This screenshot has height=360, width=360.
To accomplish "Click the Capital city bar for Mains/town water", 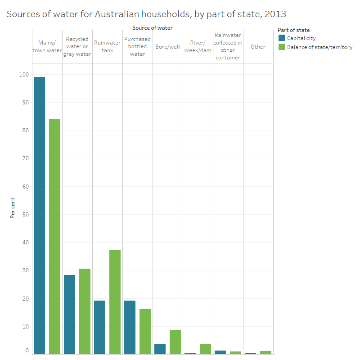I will point(39,216).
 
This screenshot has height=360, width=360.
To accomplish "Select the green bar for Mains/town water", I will point(54,236).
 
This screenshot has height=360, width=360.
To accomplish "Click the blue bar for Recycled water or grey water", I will point(69,315).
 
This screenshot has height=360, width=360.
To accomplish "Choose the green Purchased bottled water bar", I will point(145,331).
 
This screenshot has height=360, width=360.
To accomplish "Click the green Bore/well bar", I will point(175,342).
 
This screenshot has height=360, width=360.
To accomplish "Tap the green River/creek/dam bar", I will point(205,349).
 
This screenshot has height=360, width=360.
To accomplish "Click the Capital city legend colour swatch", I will point(282,38).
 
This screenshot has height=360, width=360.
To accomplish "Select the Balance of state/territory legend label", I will point(319,47).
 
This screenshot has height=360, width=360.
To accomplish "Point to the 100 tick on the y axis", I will point(23,75).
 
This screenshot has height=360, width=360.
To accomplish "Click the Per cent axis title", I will point(13,207).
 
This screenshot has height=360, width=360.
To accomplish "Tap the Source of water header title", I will point(152,28).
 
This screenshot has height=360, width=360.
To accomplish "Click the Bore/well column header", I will point(167,47).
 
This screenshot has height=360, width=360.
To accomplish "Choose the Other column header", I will point(258,47).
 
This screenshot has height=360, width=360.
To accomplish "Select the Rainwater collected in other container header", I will point(228,46).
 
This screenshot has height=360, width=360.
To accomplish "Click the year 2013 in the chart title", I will point(275,14).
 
